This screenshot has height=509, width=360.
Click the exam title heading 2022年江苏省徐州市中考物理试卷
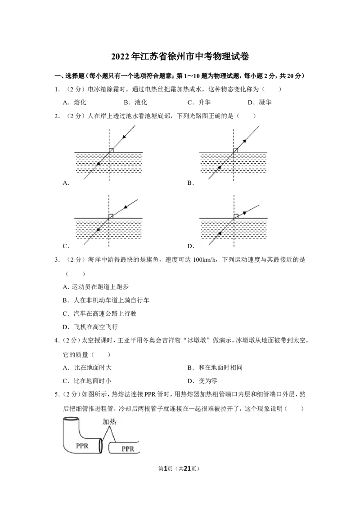point(180,57)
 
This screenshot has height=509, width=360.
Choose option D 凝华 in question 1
point(260,102)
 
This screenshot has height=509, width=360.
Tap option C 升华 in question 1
point(199,102)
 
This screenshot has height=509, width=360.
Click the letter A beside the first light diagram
point(66,183)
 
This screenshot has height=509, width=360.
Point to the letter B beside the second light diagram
point(190,183)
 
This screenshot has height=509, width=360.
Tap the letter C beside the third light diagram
point(66,246)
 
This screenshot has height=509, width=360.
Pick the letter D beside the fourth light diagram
point(191,246)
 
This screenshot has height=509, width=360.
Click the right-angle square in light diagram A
point(111,150)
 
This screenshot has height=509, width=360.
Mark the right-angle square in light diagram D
point(236,216)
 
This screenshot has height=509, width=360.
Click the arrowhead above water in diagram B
point(245,141)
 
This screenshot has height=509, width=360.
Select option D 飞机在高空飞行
point(90,327)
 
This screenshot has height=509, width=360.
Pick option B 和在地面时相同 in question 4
point(215,367)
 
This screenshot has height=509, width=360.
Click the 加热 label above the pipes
point(109,421)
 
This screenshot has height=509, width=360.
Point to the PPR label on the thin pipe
point(128,449)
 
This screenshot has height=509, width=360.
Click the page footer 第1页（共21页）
point(179,469)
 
